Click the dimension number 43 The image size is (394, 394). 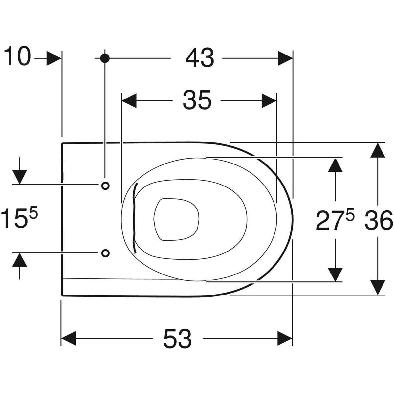point(200,58)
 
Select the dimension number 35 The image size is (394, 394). point(197,100)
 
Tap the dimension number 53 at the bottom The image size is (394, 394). point(178,338)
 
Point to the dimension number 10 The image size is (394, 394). point(17,56)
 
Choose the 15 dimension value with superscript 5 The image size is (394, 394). point(19,218)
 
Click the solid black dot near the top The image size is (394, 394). point(105,58)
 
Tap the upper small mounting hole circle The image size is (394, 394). point(105,186)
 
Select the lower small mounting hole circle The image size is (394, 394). point(105,253)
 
